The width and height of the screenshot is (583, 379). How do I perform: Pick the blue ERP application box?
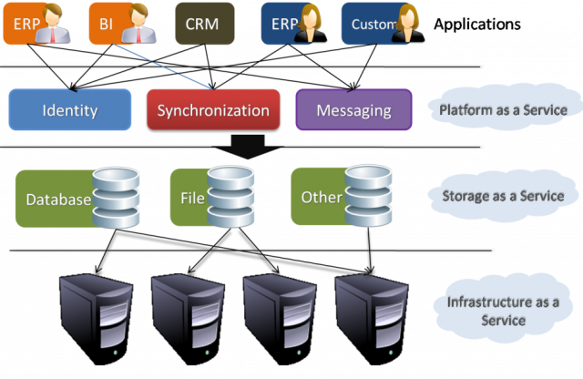click(x=290, y=24)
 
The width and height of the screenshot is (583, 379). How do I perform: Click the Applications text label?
click(x=477, y=24)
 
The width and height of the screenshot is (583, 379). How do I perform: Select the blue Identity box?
click(x=70, y=110)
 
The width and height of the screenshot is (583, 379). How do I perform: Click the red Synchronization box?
click(x=212, y=110)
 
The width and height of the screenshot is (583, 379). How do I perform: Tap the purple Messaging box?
click(x=353, y=110)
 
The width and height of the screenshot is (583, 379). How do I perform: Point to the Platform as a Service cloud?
click(x=500, y=110)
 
